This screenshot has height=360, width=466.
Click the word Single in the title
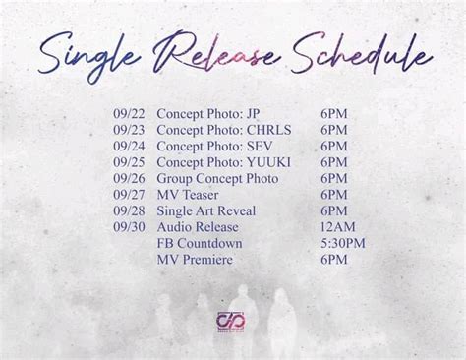(92, 56)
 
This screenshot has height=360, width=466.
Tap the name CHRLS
(268, 130)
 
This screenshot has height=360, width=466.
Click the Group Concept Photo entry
(217, 179)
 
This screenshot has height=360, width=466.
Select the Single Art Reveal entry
(205, 211)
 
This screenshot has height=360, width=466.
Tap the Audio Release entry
(198, 227)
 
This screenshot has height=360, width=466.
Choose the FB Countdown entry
(199, 243)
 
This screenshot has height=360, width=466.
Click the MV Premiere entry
(195, 260)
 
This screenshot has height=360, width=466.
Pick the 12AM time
(337, 227)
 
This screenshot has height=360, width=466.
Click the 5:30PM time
(343, 243)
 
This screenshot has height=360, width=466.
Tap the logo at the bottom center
(232, 321)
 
